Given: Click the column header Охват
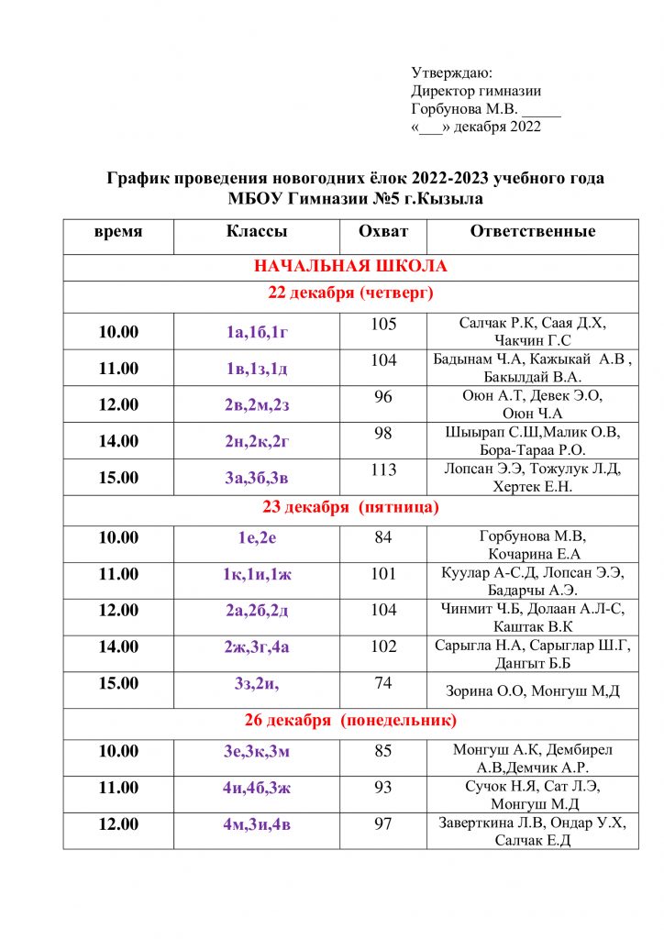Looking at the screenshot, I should [x=383, y=232].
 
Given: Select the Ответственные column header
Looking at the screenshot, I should [x=533, y=232].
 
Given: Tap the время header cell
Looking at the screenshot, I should [x=118, y=232].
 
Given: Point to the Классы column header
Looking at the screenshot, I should [x=257, y=232].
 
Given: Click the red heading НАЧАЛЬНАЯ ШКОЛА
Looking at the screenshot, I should [x=350, y=267].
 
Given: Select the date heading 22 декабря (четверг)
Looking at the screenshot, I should [x=350, y=293].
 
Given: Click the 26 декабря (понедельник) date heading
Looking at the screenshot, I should [x=350, y=721].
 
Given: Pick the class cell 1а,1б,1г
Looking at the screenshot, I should [x=257, y=332].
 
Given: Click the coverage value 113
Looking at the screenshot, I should [x=383, y=470].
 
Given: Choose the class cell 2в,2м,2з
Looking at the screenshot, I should [x=257, y=404].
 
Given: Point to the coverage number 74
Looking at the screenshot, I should [x=383, y=683].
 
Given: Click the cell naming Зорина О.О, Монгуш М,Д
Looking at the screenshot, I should [x=533, y=690].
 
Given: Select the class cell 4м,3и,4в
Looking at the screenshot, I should [x=257, y=823].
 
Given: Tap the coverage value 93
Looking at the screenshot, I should [x=383, y=787].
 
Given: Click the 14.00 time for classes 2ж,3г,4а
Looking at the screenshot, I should [x=118, y=646].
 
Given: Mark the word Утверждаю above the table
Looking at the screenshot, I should [x=452, y=72].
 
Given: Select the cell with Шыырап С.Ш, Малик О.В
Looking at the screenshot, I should [x=533, y=441].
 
